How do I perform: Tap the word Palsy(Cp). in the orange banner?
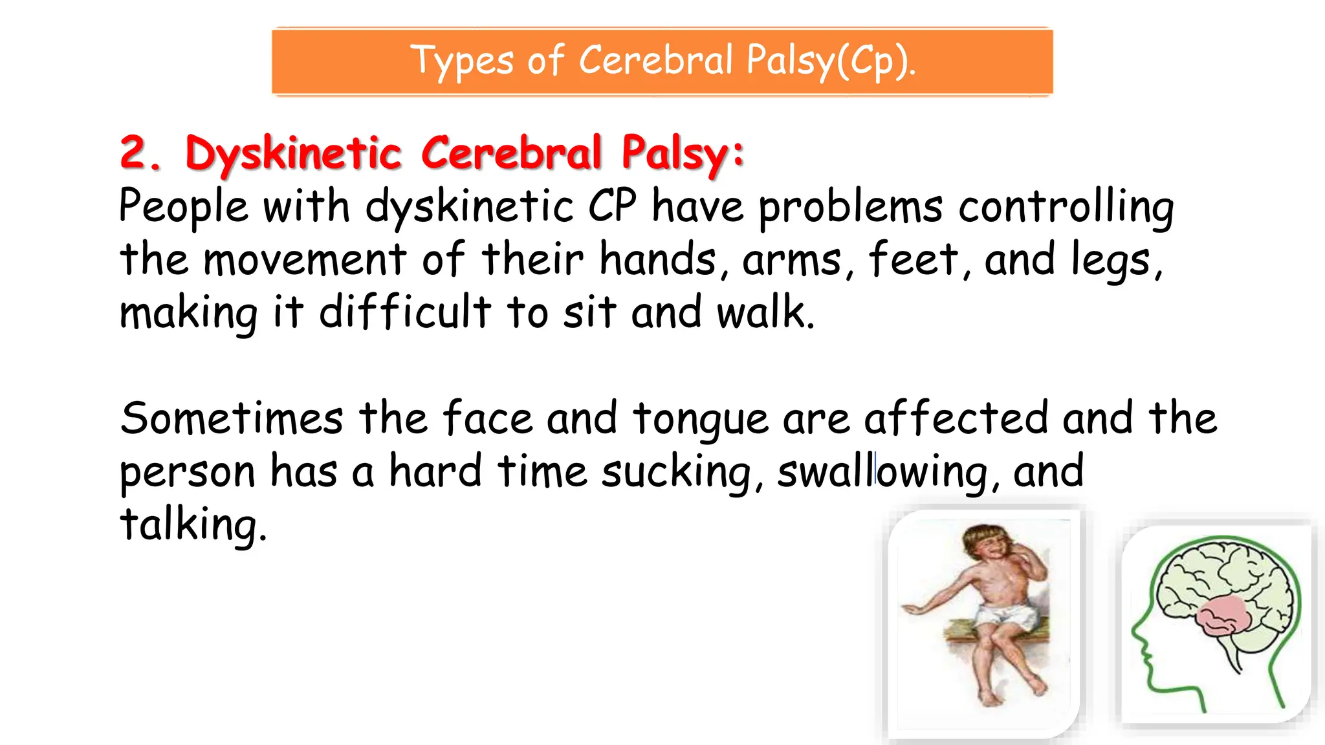coord(831,61)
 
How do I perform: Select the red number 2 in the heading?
coord(138,153)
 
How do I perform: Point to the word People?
coord(184,207)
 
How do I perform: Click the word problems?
coord(850,207)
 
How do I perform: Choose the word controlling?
coord(1066,207)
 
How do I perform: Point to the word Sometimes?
coord(232,418)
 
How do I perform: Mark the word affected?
coord(956,418)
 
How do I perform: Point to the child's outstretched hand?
coord(912,609)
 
